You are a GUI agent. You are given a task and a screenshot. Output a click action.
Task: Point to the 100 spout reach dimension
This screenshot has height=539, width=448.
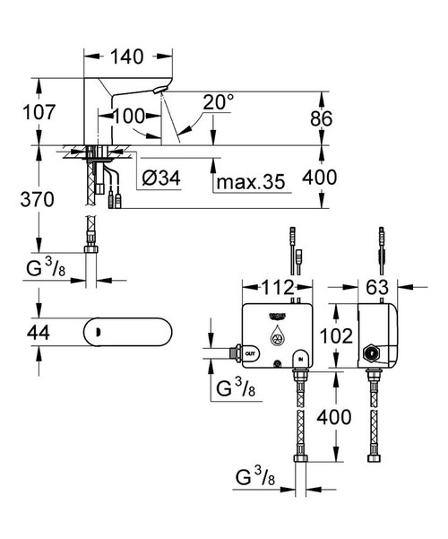pos(128,116)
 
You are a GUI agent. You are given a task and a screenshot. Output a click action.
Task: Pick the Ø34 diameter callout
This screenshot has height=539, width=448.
pos(161,180)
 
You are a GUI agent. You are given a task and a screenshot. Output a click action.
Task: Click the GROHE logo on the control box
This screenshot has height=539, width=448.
pos(276,316)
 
